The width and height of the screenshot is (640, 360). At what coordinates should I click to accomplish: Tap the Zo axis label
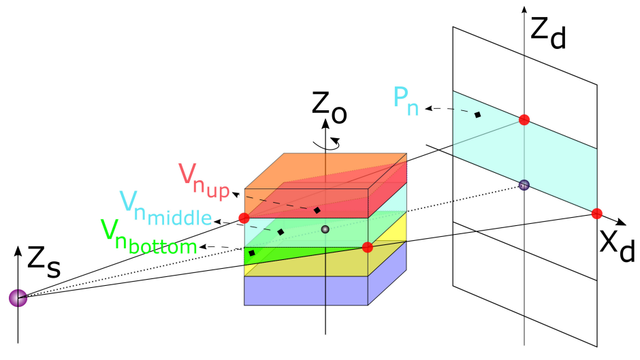329,108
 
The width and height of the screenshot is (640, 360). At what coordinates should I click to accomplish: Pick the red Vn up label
202,178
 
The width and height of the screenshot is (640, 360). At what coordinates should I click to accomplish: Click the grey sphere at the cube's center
325,229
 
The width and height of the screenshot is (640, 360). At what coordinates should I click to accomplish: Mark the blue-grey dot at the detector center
524,184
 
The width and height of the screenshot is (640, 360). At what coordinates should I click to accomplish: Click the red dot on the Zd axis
524,120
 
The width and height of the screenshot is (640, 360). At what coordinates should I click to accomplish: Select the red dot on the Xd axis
596,214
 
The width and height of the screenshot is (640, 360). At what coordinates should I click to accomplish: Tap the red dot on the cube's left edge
244,218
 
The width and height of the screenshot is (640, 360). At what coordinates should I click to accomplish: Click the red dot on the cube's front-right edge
368,247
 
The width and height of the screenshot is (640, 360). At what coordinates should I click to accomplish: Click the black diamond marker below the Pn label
478,114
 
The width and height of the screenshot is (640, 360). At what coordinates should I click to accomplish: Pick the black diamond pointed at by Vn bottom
252,253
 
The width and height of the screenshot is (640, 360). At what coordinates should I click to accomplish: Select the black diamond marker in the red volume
317,210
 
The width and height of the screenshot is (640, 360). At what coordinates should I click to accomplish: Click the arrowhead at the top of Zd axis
524,10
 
